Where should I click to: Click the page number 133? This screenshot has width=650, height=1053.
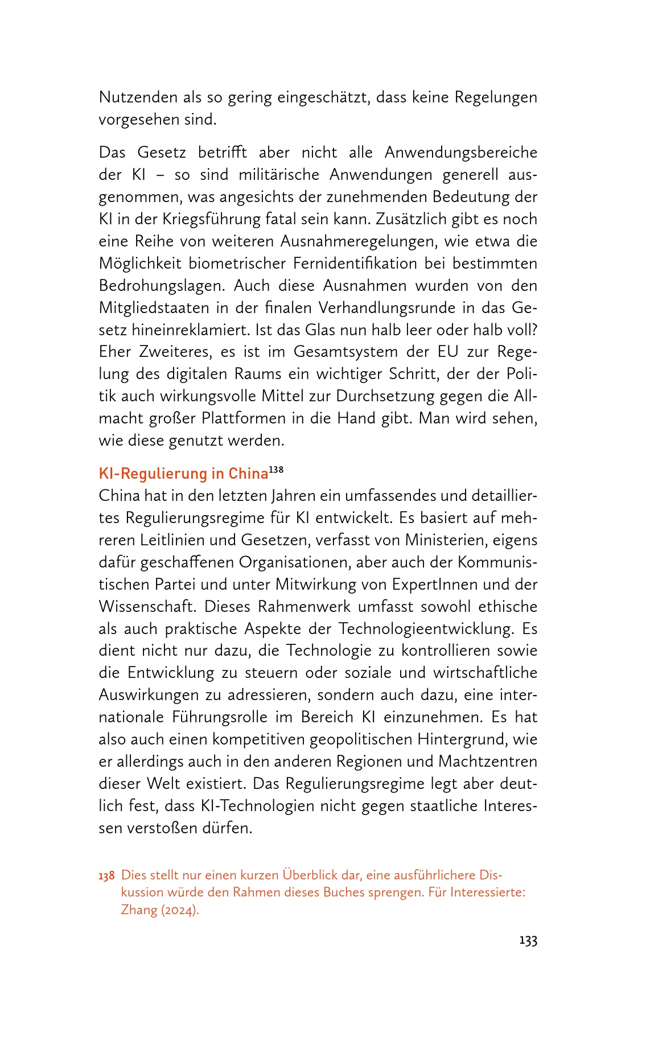528,940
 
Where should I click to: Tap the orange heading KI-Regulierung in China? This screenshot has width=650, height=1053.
183,474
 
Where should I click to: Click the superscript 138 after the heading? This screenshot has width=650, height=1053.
276,470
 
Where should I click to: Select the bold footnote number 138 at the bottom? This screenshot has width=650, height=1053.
107,875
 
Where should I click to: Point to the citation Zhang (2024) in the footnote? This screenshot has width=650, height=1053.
160,910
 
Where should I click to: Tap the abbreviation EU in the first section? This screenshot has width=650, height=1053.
448,352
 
